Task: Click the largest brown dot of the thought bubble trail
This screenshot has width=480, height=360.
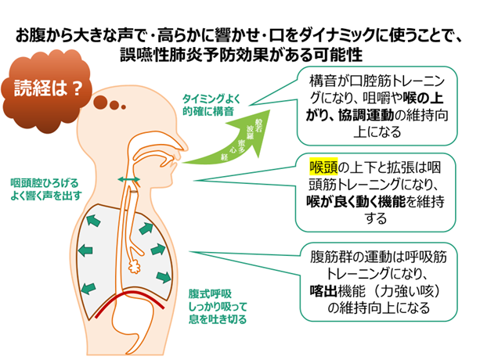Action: tap(102, 100)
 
